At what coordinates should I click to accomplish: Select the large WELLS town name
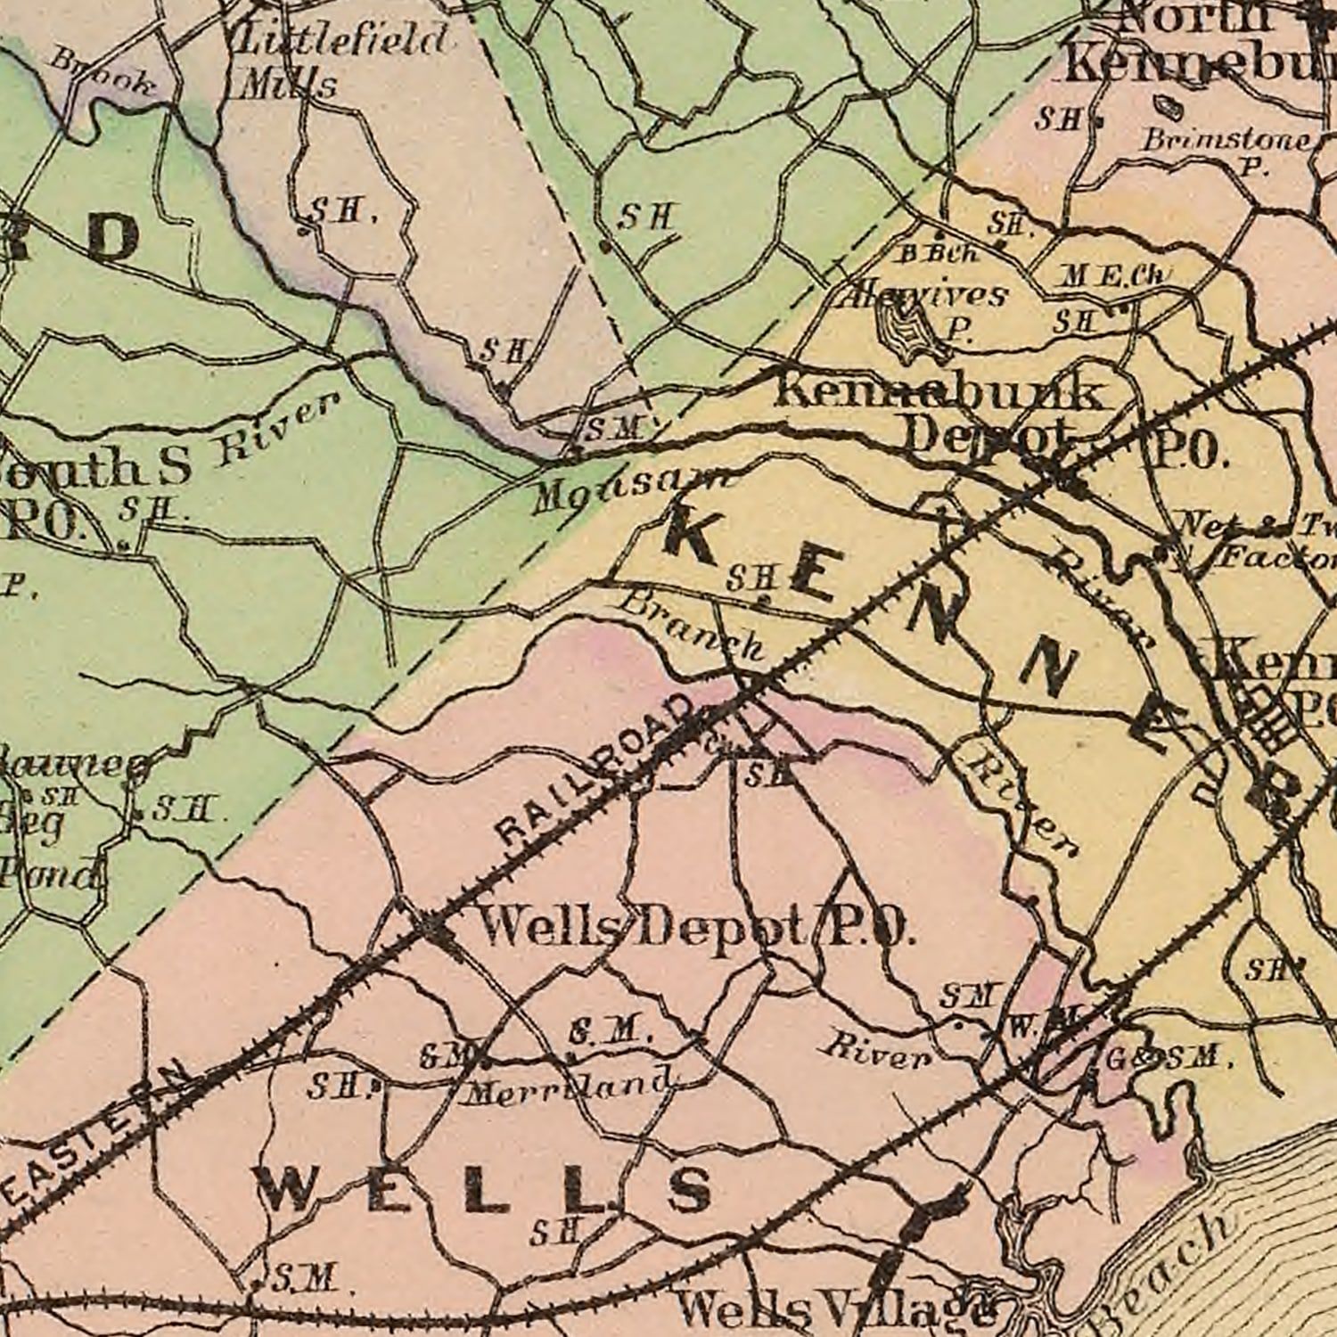[486, 1190]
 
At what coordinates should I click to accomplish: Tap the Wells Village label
[833, 1308]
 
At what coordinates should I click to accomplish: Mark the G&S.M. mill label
[1168, 1058]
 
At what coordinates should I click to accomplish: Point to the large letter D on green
[111, 239]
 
